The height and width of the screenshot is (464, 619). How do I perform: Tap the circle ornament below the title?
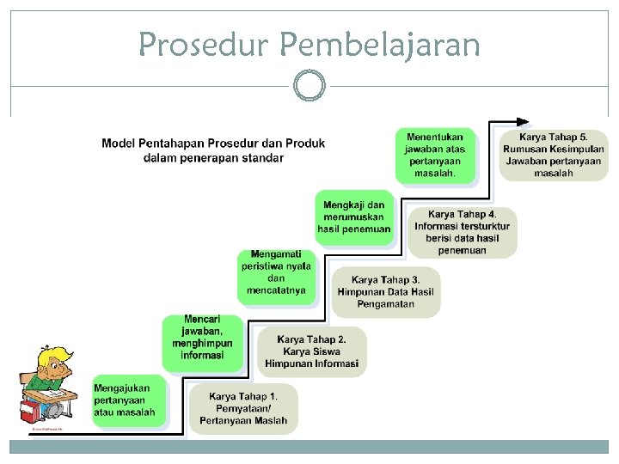[x=309, y=86]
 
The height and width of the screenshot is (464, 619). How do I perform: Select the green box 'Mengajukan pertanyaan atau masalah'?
[x=126, y=400]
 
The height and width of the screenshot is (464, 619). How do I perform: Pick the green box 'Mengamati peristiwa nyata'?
[x=276, y=272]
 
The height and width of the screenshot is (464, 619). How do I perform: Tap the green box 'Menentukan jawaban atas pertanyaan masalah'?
[x=434, y=155]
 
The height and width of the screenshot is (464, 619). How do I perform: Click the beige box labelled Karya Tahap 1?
[x=243, y=408]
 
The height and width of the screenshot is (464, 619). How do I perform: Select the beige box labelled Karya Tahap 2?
[x=311, y=351]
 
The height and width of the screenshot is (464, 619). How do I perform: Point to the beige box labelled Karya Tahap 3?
[x=385, y=291]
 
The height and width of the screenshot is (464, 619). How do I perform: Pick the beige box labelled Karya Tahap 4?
[x=462, y=232]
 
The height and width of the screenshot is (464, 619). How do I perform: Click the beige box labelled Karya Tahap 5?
[x=553, y=155]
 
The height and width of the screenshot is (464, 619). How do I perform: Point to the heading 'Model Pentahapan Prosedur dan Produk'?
[x=213, y=143]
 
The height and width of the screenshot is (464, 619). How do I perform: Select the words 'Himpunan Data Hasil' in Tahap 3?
[x=385, y=292]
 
